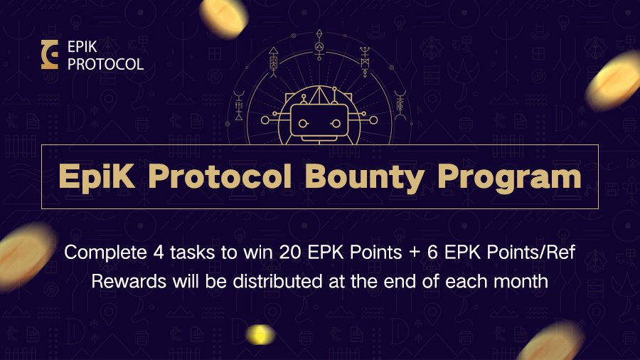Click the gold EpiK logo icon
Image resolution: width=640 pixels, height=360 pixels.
(50, 55)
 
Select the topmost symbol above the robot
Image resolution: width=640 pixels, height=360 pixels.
(320, 39)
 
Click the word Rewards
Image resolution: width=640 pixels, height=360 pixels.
(127, 280)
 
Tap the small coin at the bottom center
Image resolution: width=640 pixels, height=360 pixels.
(260, 334)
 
